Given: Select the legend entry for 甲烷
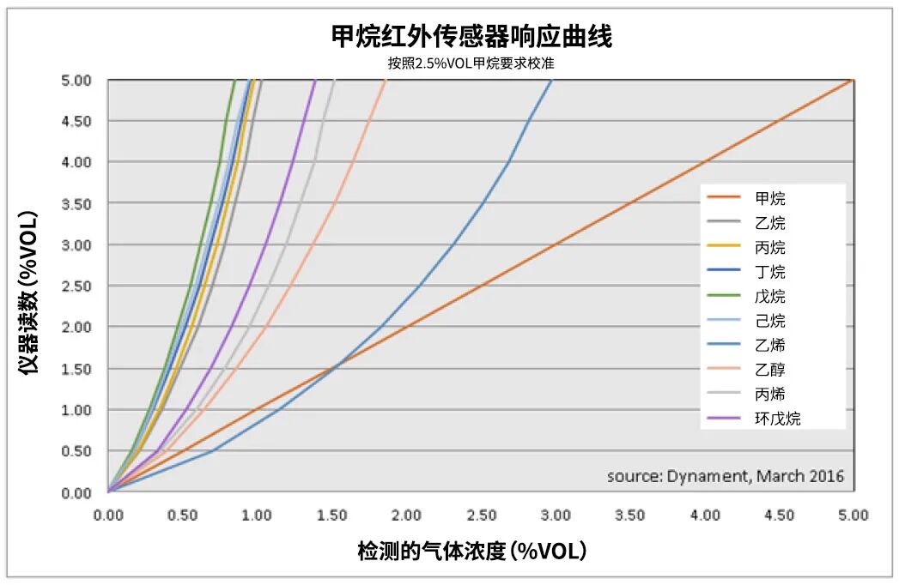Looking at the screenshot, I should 769,199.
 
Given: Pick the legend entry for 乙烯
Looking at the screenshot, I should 769,346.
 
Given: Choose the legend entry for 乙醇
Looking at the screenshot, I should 769,371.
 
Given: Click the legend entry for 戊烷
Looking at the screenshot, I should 769,297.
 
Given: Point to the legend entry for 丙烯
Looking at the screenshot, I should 769,395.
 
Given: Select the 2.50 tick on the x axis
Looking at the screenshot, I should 481,516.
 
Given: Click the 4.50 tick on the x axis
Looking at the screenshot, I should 779,516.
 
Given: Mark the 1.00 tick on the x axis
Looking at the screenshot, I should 257,516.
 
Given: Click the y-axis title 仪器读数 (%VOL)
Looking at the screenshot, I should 28,292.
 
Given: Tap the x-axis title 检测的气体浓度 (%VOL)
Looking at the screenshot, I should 472,552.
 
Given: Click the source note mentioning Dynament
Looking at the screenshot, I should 725,476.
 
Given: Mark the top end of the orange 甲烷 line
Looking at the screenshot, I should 852,81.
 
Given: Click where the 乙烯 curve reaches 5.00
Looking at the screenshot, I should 551,81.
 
